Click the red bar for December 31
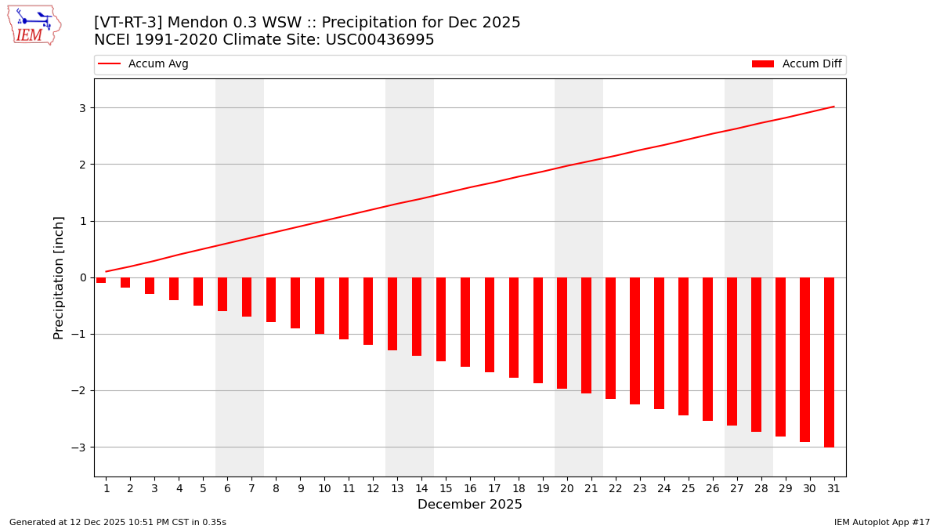pos(829,362)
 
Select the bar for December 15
pos(441,319)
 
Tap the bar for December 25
pos(683,346)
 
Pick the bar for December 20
pos(562,333)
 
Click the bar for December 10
pos(320,306)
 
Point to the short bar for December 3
pos(150,286)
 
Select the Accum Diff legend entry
pos(797,64)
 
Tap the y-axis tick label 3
pos(81,108)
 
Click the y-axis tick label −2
pos(78,390)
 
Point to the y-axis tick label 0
pos(81,277)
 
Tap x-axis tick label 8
pos(276,488)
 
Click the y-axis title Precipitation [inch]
pos(59,277)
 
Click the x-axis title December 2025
pos(469,505)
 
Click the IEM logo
pos(34,25)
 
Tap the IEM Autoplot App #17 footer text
pos(881,522)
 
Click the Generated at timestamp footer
pos(117,522)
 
